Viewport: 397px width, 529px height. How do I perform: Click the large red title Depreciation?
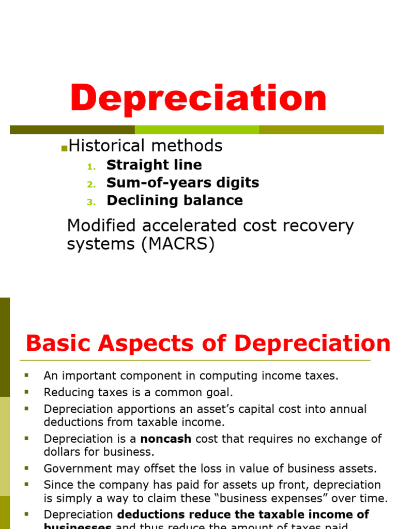click(x=198, y=98)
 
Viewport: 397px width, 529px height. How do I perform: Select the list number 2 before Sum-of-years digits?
click(x=91, y=184)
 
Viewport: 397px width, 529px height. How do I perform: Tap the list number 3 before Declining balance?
click(x=91, y=201)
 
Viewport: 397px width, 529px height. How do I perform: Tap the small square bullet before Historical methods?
click(x=64, y=148)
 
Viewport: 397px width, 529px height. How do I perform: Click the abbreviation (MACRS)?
click(x=177, y=244)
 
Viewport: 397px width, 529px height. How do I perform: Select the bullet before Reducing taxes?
click(x=26, y=393)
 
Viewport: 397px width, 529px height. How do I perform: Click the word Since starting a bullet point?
click(x=57, y=485)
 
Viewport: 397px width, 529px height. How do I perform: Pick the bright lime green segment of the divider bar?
click(x=196, y=130)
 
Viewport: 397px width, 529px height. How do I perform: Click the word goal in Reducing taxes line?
click(x=221, y=393)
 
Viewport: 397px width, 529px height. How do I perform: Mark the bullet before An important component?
click(x=26, y=376)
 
